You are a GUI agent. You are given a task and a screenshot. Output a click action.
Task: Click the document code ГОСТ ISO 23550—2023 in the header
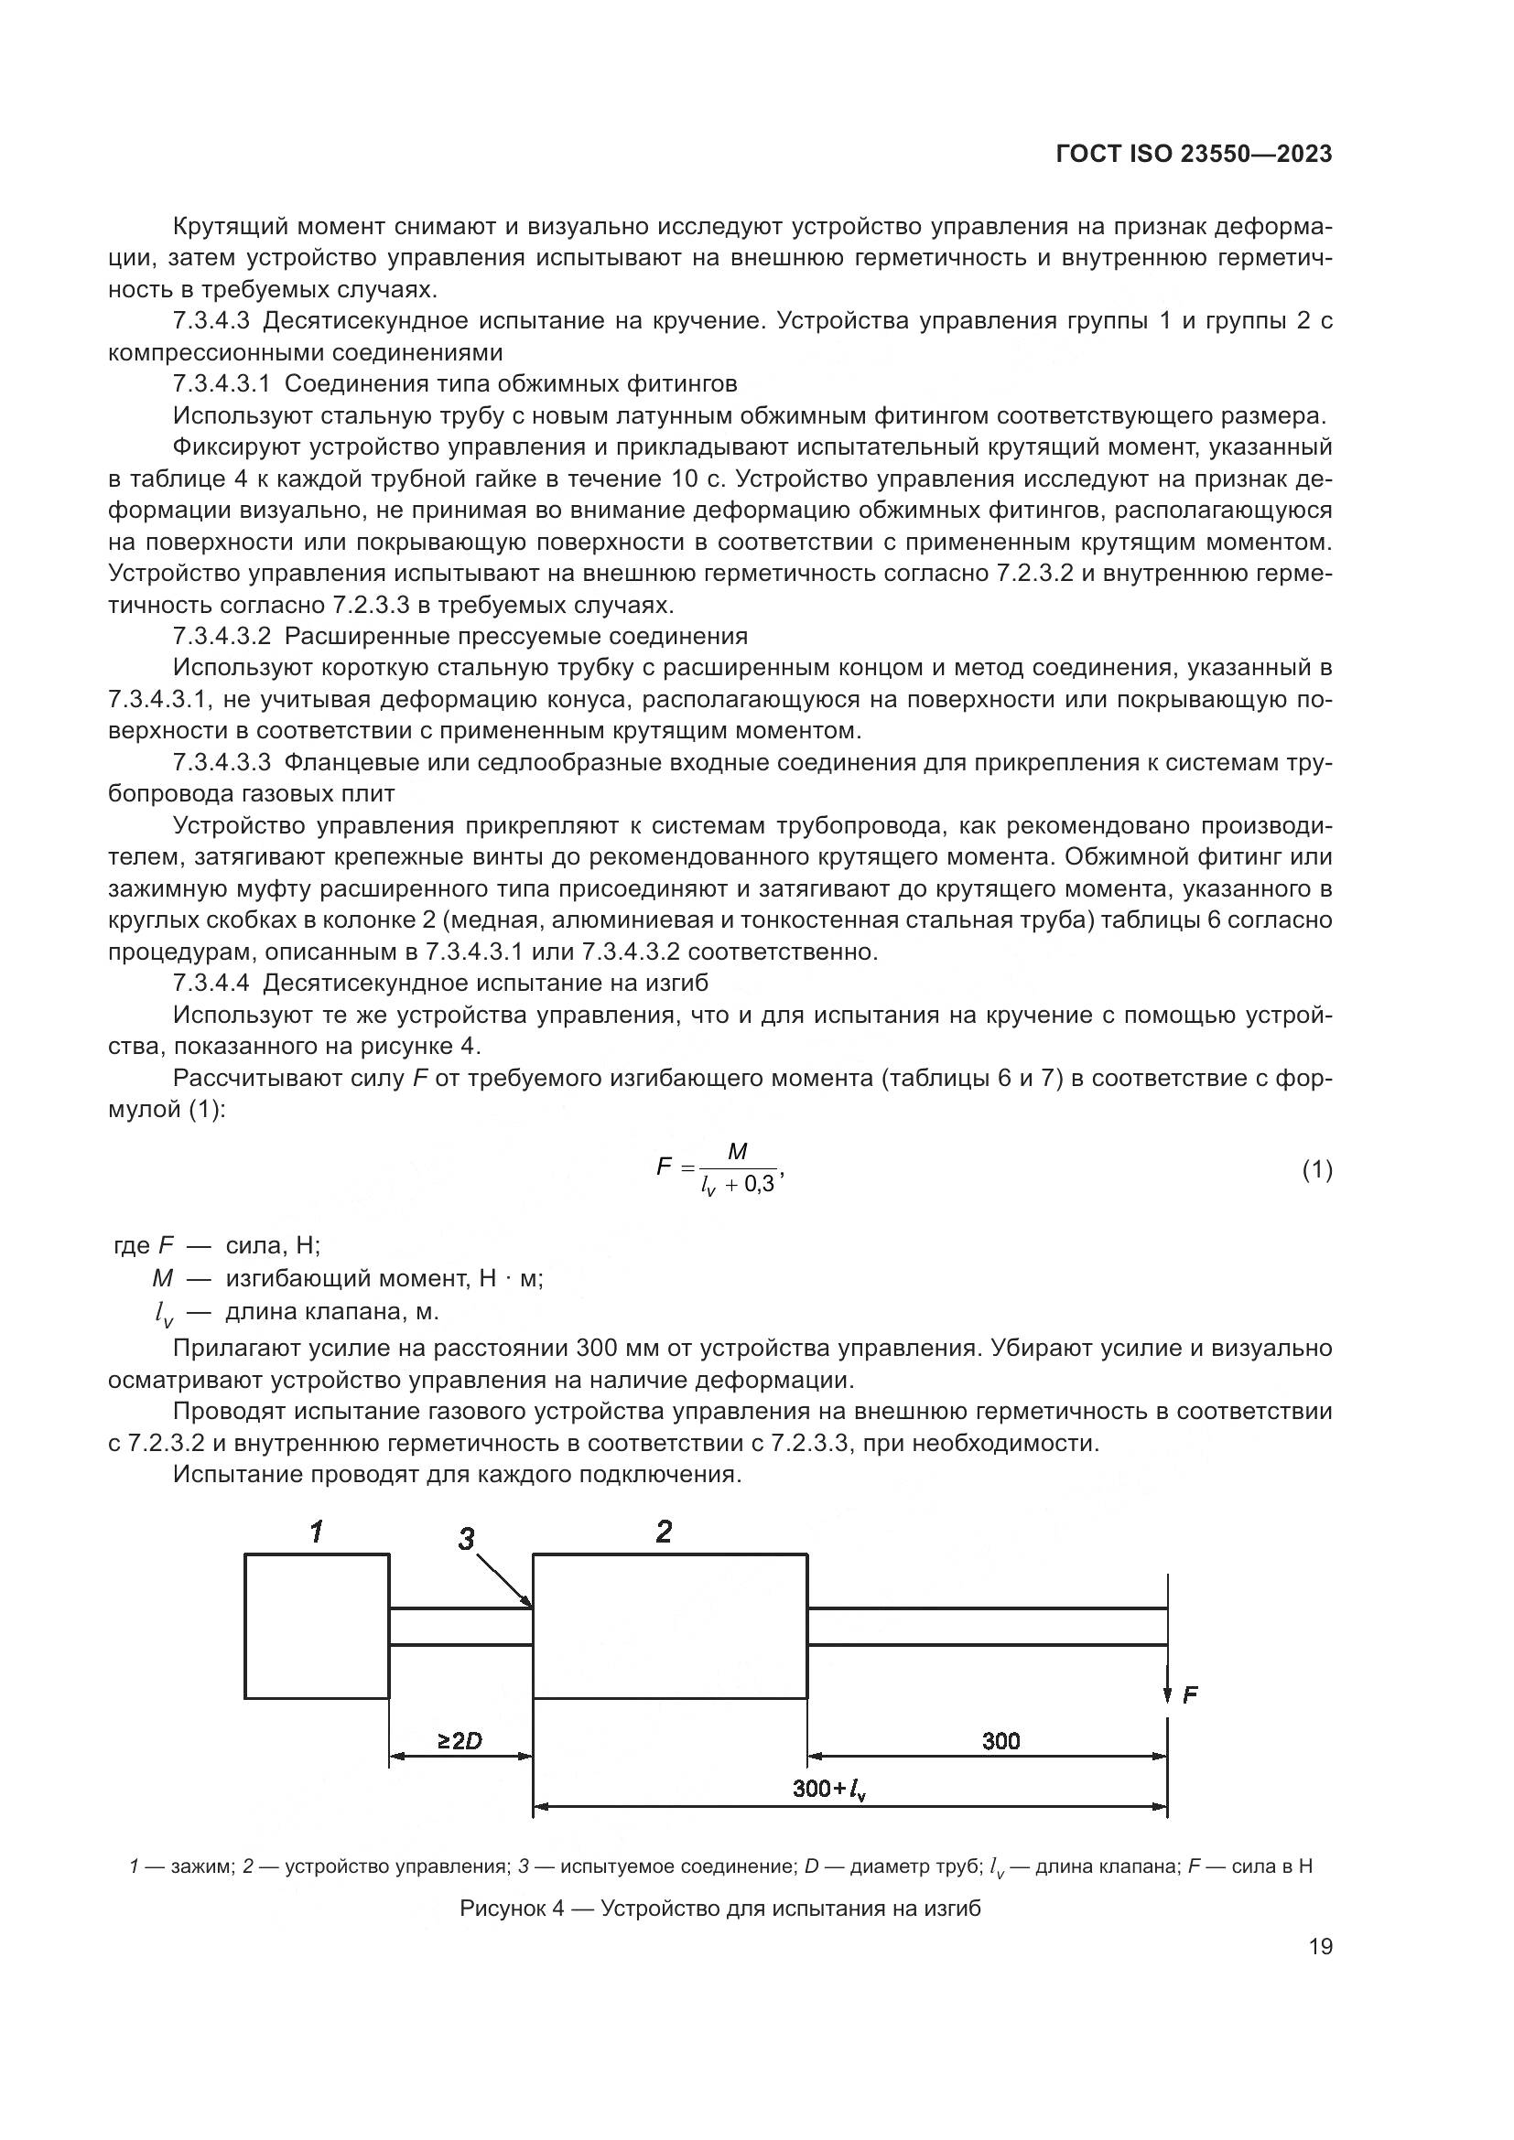(x=1194, y=154)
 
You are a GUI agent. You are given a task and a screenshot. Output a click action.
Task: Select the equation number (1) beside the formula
(x=1316, y=1170)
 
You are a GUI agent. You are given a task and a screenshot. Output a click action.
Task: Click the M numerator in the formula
(x=737, y=1152)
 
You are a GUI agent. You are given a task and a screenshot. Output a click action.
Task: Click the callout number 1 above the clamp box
(x=317, y=1531)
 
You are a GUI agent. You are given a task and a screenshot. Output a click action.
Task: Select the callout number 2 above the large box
(x=664, y=1532)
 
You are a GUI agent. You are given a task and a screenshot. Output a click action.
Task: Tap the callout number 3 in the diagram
(x=467, y=1539)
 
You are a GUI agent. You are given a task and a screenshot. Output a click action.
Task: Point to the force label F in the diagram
(x=1191, y=1694)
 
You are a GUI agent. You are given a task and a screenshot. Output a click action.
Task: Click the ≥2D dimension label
(x=460, y=1740)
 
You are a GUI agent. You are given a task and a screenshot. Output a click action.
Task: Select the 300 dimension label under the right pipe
(x=1000, y=1740)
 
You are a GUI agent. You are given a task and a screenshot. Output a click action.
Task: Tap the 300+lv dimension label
(x=828, y=1789)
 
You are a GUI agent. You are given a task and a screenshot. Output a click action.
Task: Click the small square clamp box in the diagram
(x=317, y=1626)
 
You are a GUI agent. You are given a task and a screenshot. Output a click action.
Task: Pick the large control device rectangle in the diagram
(x=669, y=1626)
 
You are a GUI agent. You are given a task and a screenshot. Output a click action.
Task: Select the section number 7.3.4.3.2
(x=222, y=637)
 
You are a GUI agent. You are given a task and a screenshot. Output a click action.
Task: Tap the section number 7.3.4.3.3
(x=222, y=762)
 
